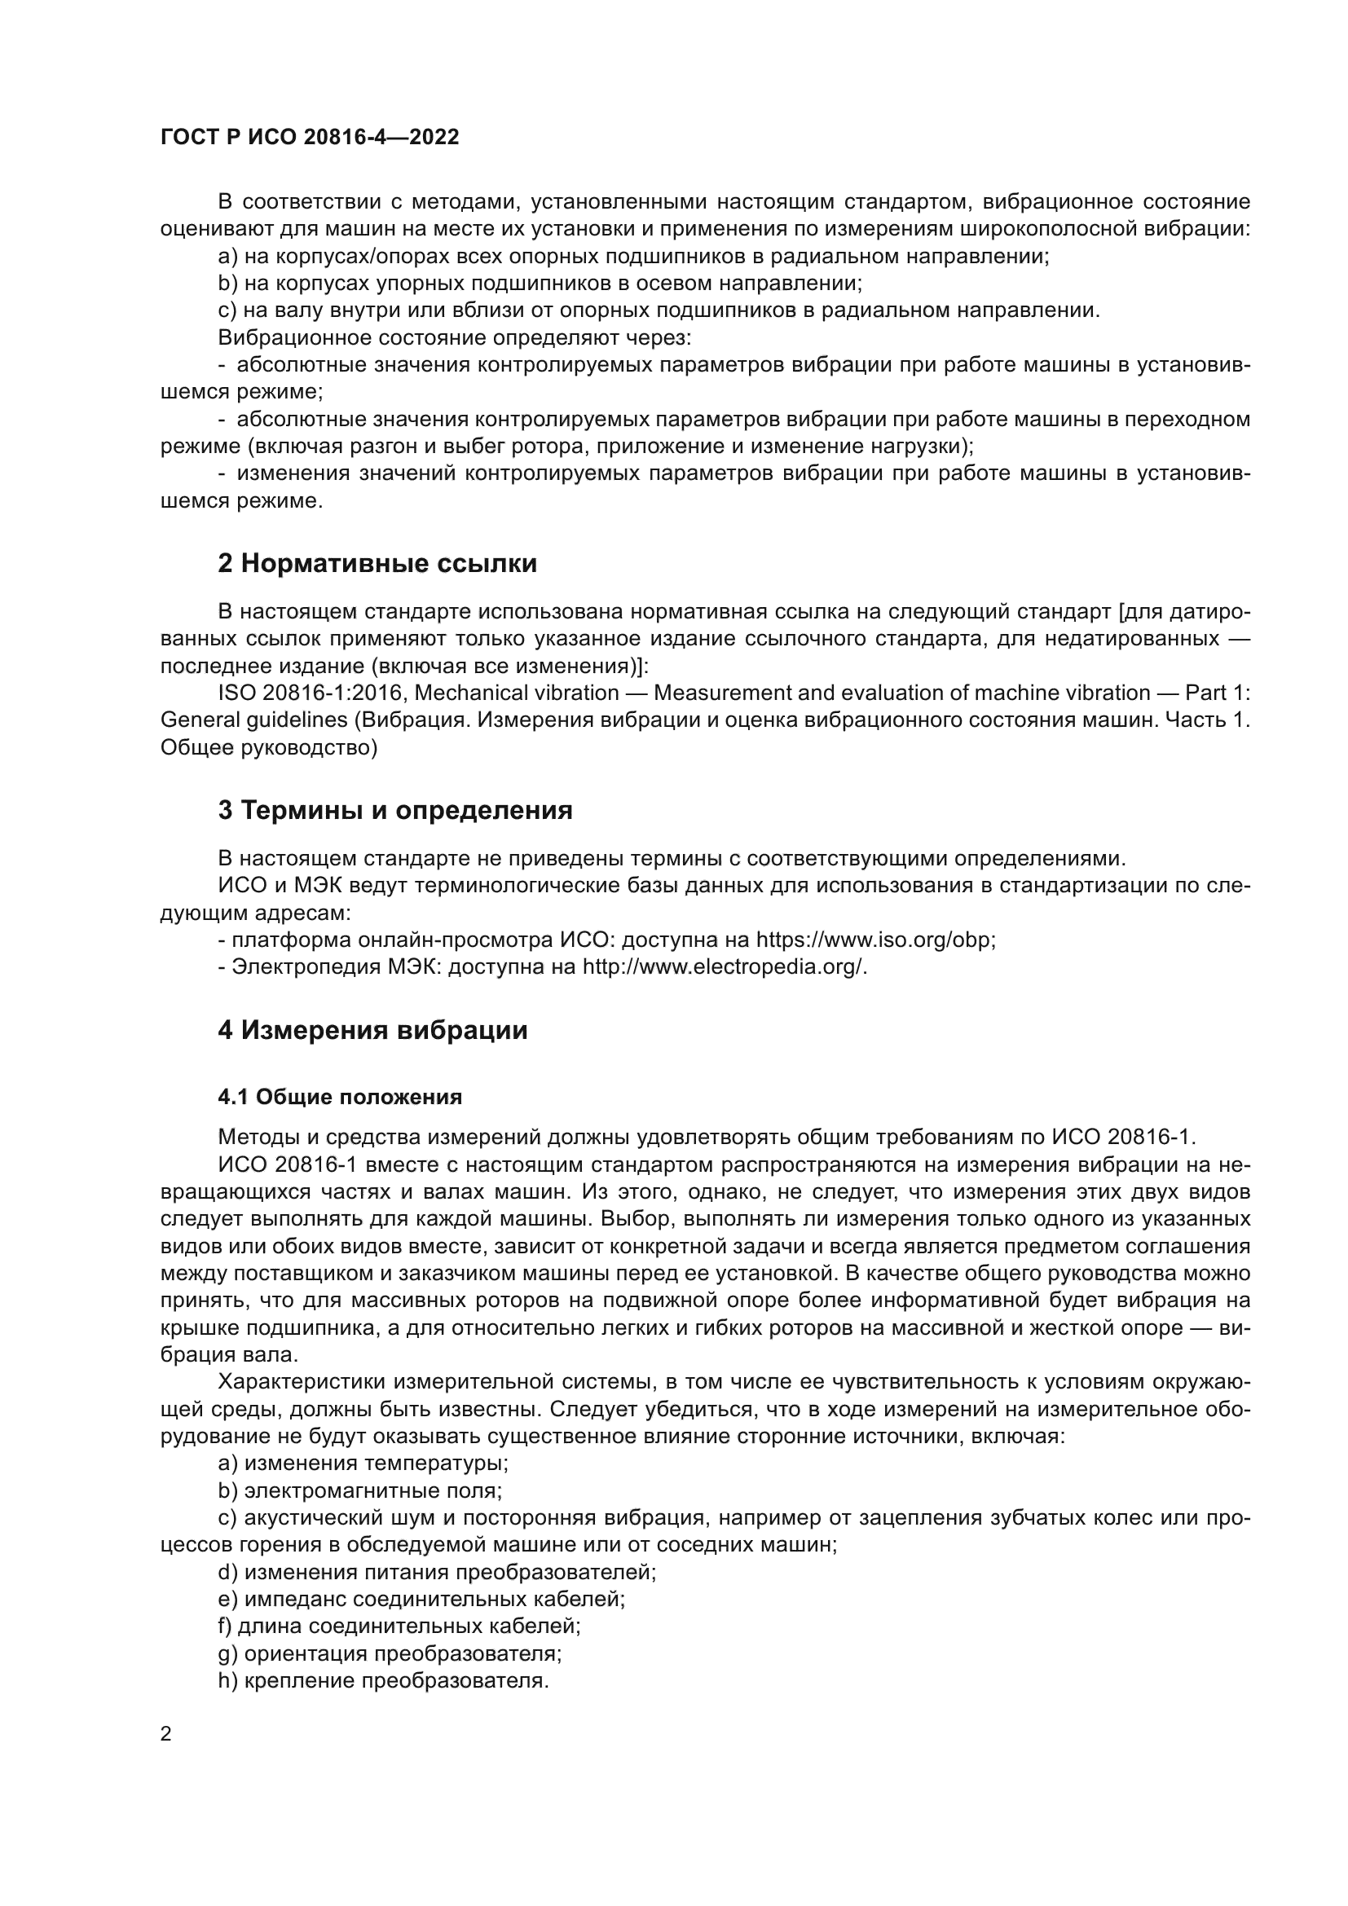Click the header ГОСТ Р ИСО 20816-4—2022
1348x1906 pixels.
tap(310, 138)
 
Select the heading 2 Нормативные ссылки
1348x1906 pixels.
tap(377, 564)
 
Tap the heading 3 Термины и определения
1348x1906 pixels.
tap(395, 810)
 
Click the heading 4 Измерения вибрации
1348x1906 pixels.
tap(372, 1030)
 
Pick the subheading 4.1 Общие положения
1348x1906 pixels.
tap(340, 1098)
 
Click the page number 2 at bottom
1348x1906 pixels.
tap(166, 1734)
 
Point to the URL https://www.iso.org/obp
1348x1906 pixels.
tap(874, 940)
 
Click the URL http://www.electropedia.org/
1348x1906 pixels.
tap(724, 967)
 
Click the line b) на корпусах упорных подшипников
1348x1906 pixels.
tap(540, 284)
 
